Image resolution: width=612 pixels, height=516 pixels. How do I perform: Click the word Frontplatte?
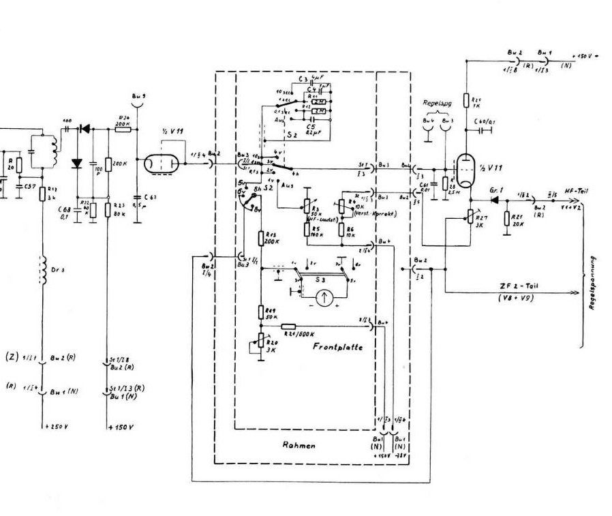(x=337, y=347)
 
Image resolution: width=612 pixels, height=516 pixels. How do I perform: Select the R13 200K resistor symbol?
(x=261, y=239)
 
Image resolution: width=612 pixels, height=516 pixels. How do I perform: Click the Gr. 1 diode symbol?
(x=494, y=200)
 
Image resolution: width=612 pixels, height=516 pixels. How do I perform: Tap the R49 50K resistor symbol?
(x=261, y=312)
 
